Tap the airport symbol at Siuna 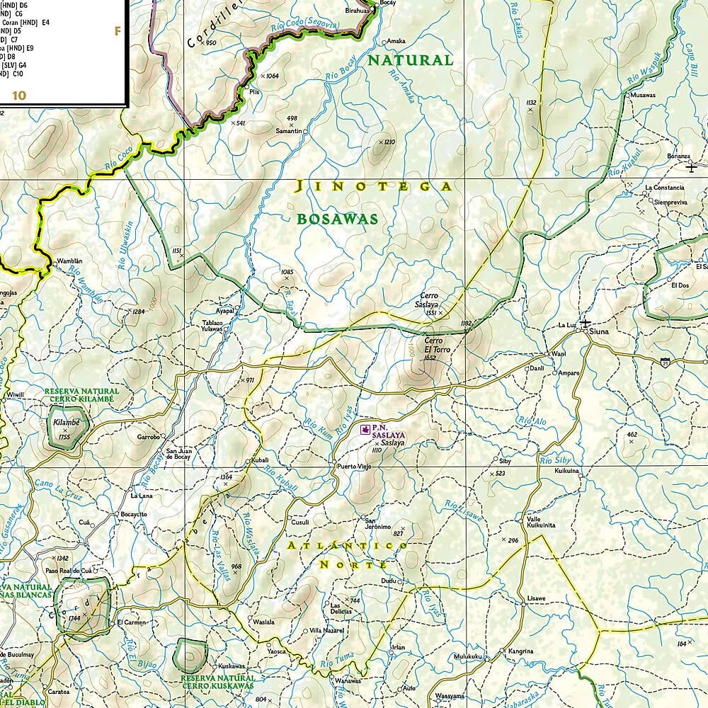tap(585, 324)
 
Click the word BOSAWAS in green tap(337, 219)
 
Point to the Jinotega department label tap(373, 187)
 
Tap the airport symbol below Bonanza tap(691, 167)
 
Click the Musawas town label tap(643, 95)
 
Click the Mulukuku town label tap(467, 656)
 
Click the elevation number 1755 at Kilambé tap(64, 437)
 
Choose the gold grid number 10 tap(18, 95)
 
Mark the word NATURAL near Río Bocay tap(409, 60)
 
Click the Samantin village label tap(288, 132)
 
